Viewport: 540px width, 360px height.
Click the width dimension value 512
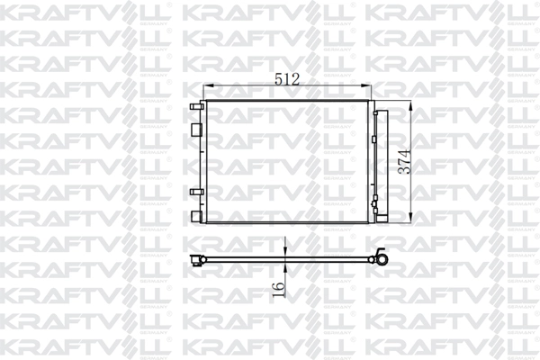pyautogui.click(x=287, y=78)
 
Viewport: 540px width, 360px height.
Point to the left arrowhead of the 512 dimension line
pyautogui.click(x=207, y=86)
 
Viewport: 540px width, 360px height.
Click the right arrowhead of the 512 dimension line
pyautogui.click(x=369, y=86)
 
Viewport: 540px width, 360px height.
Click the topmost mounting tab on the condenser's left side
pyautogui.click(x=194, y=105)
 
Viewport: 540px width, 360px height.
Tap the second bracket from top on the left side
pyautogui.click(x=194, y=127)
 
